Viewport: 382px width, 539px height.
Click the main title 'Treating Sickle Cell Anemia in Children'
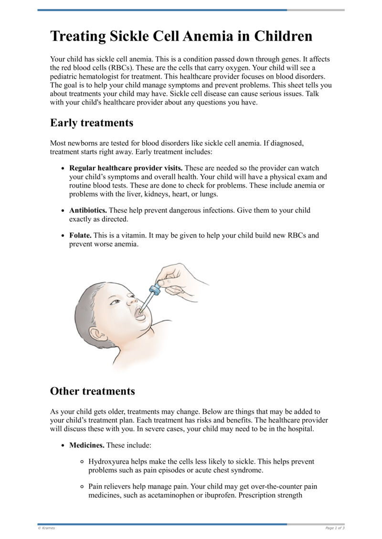(x=181, y=36)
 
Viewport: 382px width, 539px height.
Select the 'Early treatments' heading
(x=91, y=123)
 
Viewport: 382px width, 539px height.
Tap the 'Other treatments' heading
(x=92, y=391)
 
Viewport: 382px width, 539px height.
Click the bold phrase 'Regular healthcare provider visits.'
(x=126, y=168)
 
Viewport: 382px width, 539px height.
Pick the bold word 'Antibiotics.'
(x=88, y=210)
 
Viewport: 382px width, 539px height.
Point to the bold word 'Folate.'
(x=80, y=235)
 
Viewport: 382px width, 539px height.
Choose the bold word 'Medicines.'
(x=86, y=445)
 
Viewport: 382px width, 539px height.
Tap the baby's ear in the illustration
(x=98, y=332)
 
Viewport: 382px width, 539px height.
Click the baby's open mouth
(x=140, y=314)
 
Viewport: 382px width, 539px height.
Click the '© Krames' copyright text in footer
(x=46, y=528)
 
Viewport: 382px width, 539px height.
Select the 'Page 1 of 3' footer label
(x=335, y=528)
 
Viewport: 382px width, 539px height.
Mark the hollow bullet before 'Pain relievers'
(x=82, y=487)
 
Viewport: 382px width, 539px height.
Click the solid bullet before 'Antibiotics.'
(x=64, y=210)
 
